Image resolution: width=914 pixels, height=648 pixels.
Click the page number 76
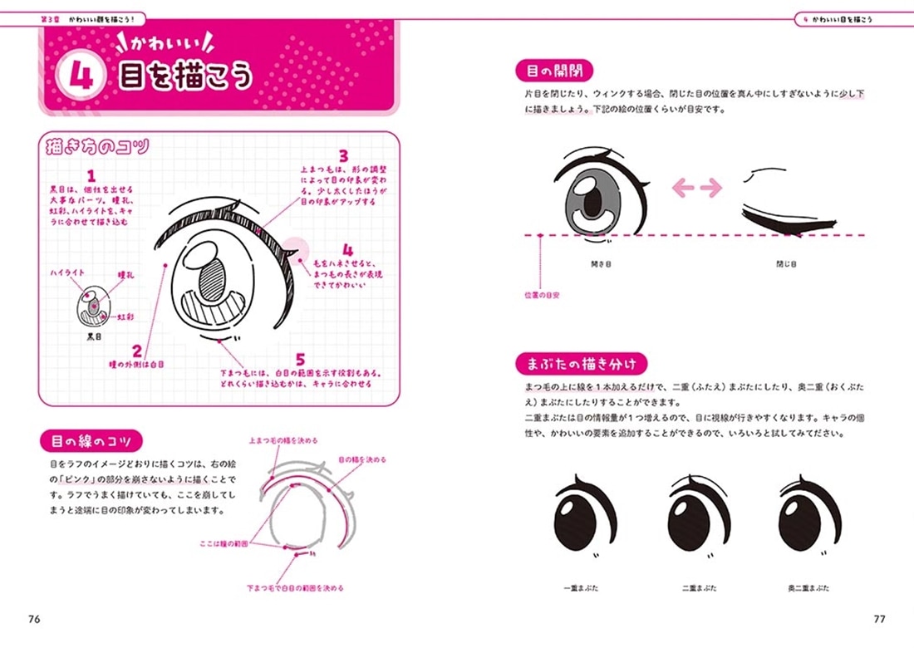pyautogui.click(x=34, y=618)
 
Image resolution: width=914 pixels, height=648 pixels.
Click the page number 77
pyautogui.click(x=880, y=618)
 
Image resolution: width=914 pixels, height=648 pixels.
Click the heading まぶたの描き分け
pyautogui.click(x=581, y=363)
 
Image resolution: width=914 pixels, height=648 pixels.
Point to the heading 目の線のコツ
pyautogui.click(x=91, y=440)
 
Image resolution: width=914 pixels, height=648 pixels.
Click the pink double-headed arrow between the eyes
pyautogui.click(x=697, y=188)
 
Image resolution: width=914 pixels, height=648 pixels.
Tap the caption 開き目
pyautogui.click(x=602, y=264)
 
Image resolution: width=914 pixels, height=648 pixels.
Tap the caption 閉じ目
pyautogui.click(x=786, y=264)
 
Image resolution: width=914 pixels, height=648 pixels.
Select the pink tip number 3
pyautogui.click(x=342, y=155)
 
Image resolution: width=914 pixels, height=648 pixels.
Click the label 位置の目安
pyautogui.click(x=541, y=295)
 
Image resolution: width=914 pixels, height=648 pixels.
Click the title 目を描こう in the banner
pyautogui.click(x=185, y=77)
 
